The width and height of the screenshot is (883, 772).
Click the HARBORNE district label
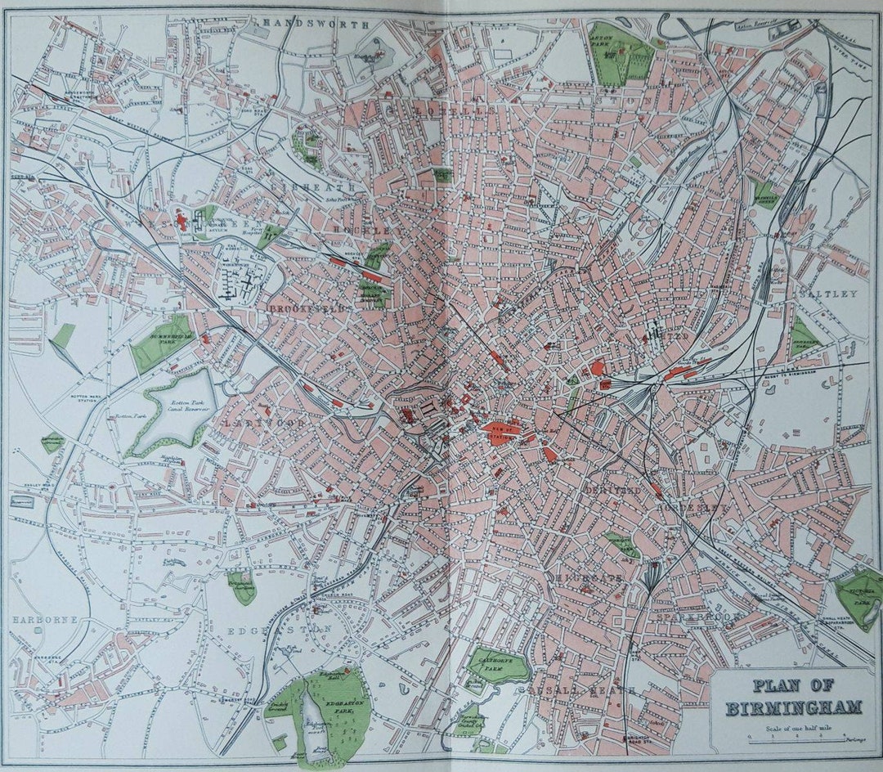tap(45, 620)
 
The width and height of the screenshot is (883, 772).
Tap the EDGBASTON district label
tap(280, 630)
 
